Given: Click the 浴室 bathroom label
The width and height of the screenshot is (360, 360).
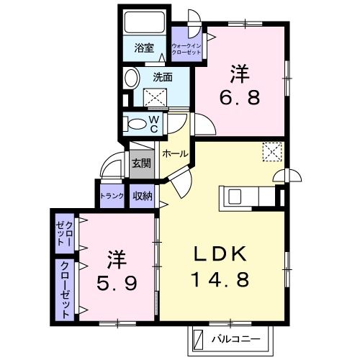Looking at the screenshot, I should pos(145,48).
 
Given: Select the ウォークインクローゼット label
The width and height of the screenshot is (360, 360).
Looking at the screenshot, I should pos(187,49).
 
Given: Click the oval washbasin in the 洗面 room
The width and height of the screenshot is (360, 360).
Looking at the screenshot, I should pos(132,79).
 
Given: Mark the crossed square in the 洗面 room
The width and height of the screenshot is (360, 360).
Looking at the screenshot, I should pos(156,97).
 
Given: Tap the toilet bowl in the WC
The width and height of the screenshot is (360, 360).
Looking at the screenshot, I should pos(136,124).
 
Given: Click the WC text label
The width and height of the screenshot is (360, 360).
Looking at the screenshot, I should pos(154,124).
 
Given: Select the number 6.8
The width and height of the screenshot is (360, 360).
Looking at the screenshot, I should pos(242,96).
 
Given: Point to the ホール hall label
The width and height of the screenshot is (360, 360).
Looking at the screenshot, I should pos(175,154).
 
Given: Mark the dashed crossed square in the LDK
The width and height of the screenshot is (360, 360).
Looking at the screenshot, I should pos(271,151).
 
